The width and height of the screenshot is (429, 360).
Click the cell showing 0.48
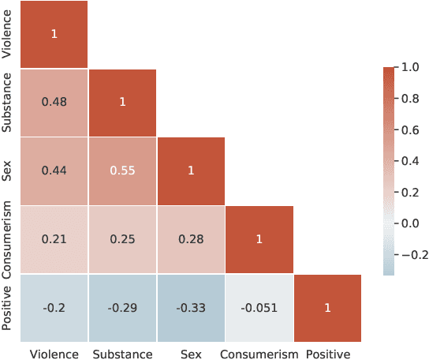click(54, 103)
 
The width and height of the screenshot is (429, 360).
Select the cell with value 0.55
click(122, 171)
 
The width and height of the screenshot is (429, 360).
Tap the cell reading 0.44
click(54, 171)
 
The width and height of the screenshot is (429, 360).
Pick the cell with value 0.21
click(54, 239)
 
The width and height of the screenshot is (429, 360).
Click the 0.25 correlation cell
click(122, 239)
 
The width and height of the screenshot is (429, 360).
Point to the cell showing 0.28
click(191, 239)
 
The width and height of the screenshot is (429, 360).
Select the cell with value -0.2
click(54, 308)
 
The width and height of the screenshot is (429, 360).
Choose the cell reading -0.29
click(122, 308)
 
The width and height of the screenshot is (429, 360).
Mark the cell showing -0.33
click(191, 308)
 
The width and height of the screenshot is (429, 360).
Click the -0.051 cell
click(259, 308)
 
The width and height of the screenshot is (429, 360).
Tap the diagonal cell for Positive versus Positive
click(327, 308)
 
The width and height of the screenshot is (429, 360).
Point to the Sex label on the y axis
click(7, 171)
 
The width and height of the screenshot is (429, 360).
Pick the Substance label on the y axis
click(7, 103)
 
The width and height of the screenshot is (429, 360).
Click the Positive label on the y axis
click(7, 308)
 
